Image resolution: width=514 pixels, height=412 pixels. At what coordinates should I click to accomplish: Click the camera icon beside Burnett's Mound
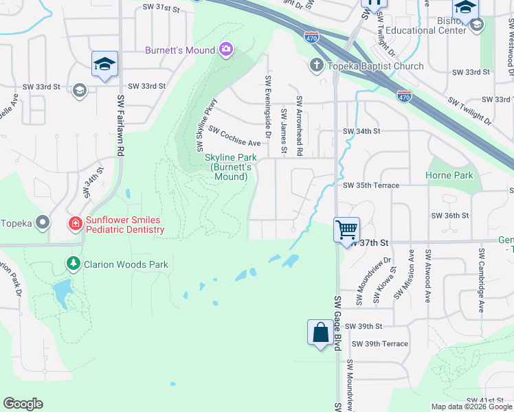(x=225, y=49)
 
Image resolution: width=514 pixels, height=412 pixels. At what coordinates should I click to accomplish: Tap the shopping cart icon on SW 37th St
(x=347, y=229)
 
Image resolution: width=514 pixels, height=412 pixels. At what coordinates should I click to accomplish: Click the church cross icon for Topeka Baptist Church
(x=316, y=66)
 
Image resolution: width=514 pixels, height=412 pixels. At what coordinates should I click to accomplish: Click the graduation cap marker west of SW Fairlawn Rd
(x=104, y=64)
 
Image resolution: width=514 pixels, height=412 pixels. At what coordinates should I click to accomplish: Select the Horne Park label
(x=450, y=175)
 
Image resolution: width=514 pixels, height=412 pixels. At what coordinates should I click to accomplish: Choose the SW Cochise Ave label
(x=234, y=137)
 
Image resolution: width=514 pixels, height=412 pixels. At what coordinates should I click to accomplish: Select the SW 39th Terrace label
(x=379, y=343)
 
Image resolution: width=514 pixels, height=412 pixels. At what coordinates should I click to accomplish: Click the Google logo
(x=23, y=404)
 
